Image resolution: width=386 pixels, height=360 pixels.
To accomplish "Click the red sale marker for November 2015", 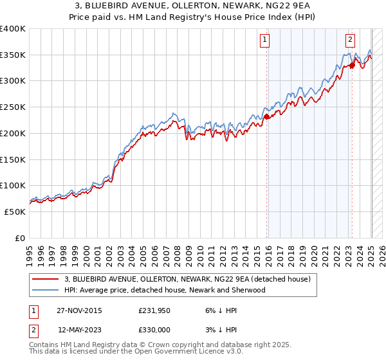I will pyautogui.click(x=267, y=116).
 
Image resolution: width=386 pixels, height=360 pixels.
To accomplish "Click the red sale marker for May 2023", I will pyautogui.click(x=352, y=66).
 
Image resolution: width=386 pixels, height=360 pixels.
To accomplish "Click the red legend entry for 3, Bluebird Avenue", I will pyautogui.click(x=188, y=279).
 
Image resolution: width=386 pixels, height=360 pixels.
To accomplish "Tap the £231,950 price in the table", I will pyautogui.click(x=154, y=310).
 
